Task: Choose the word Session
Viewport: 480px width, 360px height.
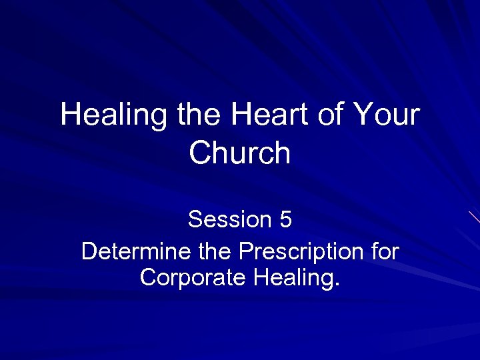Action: click(229, 219)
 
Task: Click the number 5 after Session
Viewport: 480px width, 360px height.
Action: click(285, 219)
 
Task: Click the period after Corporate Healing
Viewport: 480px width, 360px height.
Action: click(336, 283)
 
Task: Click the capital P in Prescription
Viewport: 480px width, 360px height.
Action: click(245, 253)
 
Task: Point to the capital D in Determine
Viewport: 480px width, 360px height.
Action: click(89, 253)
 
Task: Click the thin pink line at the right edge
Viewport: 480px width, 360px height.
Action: click(474, 217)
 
